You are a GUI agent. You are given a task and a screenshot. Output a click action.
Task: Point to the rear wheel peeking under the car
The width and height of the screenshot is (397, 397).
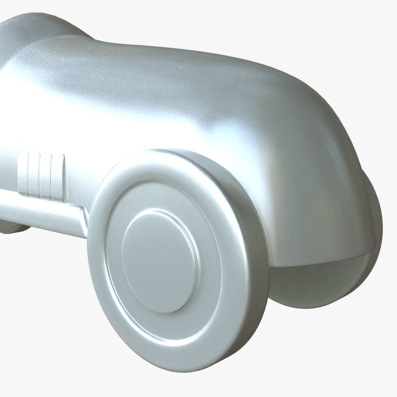coord(10,225)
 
